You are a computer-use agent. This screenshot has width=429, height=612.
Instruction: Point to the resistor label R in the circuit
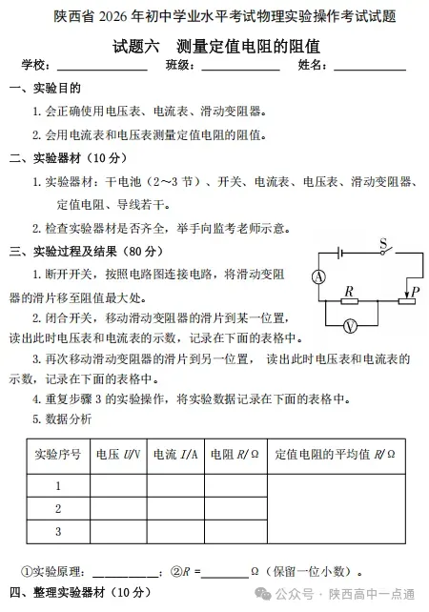[x=349, y=290]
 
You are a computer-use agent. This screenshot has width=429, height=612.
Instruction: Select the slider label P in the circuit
[x=414, y=291]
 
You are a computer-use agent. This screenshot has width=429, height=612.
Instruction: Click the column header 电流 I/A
[x=175, y=455]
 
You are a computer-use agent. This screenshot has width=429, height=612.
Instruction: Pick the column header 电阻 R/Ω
[x=235, y=455]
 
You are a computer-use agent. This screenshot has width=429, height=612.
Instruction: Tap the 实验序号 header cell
[x=57, y=455]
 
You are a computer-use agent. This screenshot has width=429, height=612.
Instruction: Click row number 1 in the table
[x=57, y=485]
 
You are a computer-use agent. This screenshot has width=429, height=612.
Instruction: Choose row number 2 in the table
[x=57, y=508]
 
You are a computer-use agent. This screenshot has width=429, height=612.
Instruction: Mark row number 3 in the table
[x=57, y=531]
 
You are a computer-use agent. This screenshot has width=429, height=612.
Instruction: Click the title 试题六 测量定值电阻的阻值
[x=214, y=45]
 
